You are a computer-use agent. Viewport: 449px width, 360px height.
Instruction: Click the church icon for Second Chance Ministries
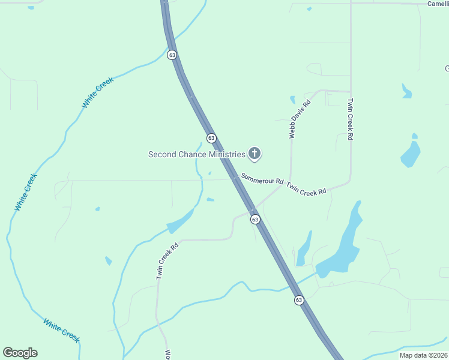click(255, 154)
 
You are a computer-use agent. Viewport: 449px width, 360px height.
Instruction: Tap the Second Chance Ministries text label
click(197, 154)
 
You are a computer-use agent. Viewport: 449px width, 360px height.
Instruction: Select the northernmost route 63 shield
click(172, 55)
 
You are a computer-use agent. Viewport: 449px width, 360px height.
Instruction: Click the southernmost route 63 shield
click(299, 300)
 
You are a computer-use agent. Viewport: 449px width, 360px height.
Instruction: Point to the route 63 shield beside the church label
click(211, 138)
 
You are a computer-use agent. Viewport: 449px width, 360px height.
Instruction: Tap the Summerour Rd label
click(262, 179)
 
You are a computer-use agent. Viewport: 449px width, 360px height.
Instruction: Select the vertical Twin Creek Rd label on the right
click(351, 119)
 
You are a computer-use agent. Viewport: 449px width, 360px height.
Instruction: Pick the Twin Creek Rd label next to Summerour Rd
click(306, 188)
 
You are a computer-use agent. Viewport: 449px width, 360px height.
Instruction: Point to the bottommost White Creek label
click(61, 329)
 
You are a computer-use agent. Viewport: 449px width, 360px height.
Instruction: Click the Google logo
click(20, 353)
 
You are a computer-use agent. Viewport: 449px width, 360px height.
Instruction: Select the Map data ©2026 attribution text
click(424, 355)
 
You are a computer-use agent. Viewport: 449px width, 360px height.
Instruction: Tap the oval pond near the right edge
click(411, 155)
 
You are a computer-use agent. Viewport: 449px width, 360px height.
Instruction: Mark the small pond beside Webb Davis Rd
click(293, 100)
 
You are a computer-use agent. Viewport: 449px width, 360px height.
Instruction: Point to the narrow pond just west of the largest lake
click(304, 249)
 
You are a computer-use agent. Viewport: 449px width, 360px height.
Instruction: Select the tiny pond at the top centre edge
click(309, 9)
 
